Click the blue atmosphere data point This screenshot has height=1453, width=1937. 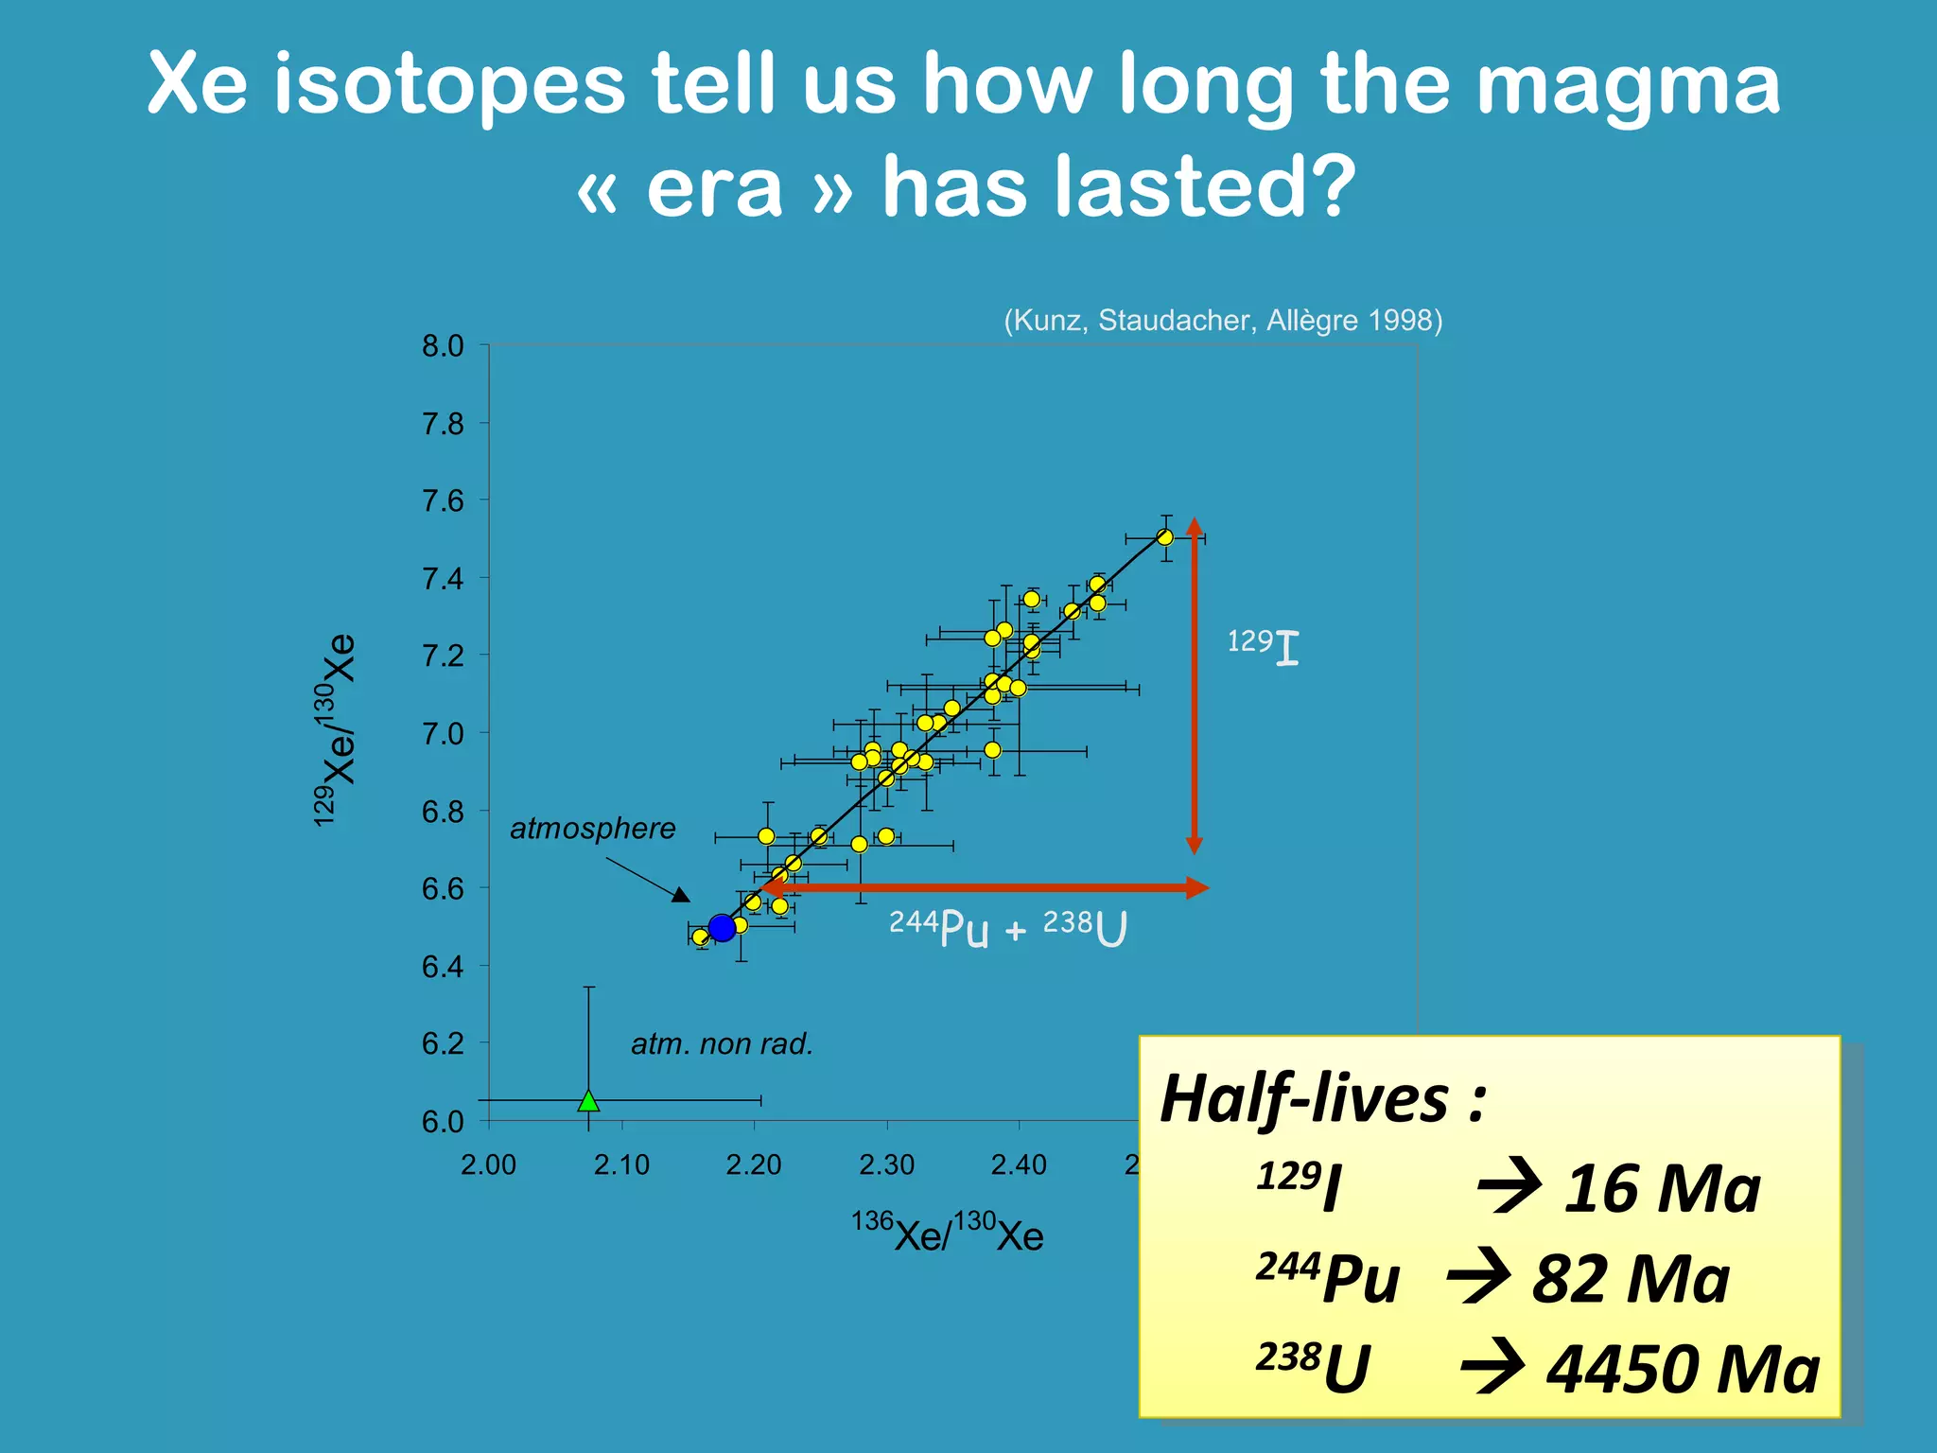tap(722, 928)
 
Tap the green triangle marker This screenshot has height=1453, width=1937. tap(588, 1100)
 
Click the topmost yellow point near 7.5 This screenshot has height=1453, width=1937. tap(1165, 537)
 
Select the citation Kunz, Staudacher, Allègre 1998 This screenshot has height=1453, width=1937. tap(1223, 321)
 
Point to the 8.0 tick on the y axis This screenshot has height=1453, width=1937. tap(443, 346)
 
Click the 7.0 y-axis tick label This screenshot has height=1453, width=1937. tap(443, 734)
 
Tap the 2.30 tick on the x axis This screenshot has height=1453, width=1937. tap(886, 1164)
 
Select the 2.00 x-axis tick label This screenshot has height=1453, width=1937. tap(488, 1164)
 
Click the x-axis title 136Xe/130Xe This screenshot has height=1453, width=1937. tap(947, 1233)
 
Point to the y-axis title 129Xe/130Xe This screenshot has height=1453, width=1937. tap(335, 729)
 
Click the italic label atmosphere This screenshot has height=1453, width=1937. tap(593, 829)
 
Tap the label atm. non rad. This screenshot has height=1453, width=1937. tap(722, 1044)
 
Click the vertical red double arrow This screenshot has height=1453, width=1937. tap(1195, 686)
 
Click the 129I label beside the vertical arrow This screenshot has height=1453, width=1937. tap(1263, 647)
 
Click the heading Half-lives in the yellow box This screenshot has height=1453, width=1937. tap(1322, 1099)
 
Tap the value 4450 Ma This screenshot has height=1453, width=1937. tap(1682, 1370)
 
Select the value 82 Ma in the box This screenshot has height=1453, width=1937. tap(1630, 1279)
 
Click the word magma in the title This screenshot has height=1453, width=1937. tap(1627, 85)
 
